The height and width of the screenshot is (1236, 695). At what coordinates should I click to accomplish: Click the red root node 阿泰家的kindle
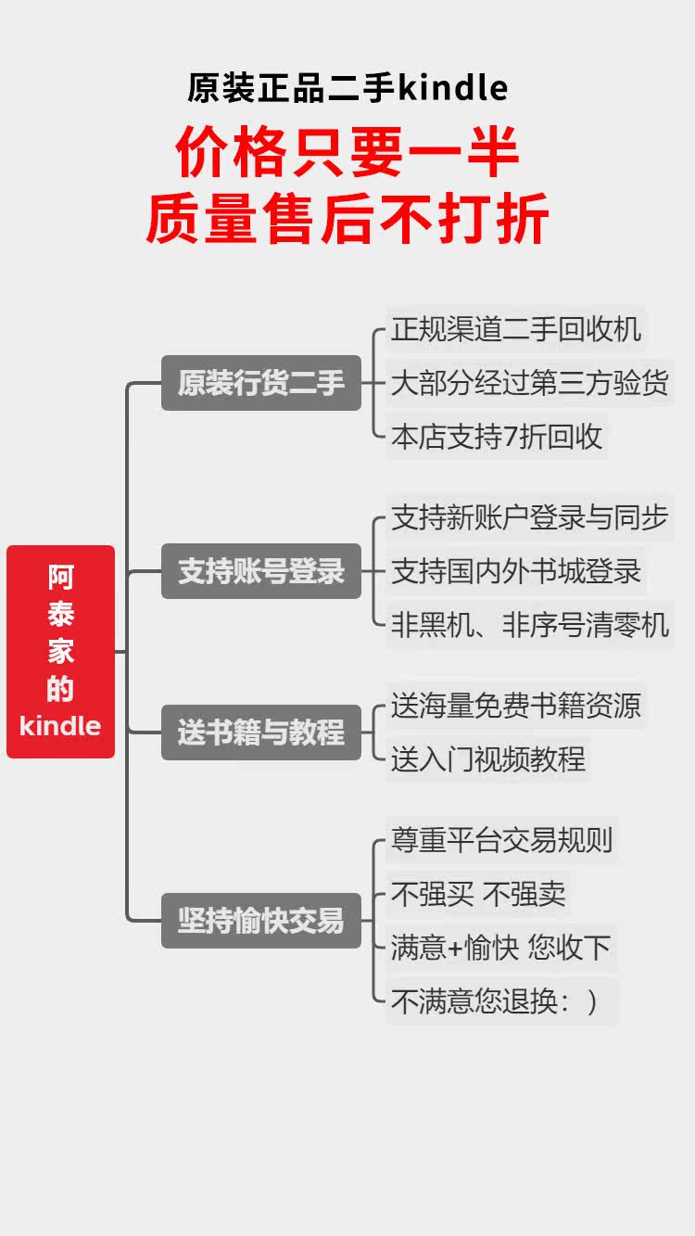(x=60, y=652)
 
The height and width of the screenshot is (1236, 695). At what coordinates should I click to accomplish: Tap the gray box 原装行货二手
(x=260, y=383)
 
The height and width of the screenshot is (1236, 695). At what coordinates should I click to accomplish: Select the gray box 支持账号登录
(x=260, y=571)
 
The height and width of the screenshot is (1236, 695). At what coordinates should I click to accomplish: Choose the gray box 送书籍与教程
(x=260, y=733)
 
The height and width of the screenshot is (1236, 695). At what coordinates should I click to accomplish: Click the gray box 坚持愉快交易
(x=260, y=921)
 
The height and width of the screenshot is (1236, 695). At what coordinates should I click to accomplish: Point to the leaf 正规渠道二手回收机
(x=515, y=329)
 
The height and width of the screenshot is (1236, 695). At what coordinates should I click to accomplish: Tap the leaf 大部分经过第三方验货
(x=529, y=383)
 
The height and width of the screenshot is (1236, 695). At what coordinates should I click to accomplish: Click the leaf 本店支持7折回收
(x=497, y=437)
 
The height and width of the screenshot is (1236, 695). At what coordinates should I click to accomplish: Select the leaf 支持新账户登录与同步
(x=529, y=517)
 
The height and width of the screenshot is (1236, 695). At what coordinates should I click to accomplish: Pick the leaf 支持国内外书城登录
(x=515, y=571)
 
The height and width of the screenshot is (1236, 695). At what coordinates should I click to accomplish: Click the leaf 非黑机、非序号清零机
(x=529, y=625)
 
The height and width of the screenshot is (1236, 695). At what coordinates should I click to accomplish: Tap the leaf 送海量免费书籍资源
(x=515, y=706)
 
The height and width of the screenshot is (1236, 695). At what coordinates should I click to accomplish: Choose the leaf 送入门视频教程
(x=487, y=759)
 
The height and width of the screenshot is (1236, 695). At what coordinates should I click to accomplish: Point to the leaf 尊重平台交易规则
(x=501, y=840)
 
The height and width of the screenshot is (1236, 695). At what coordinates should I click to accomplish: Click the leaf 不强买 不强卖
(x=478, y=894)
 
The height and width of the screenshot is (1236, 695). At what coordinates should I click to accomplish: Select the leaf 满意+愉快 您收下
(x=501, y=948)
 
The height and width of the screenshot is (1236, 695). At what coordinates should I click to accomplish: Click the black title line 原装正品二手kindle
(x=347, y=88)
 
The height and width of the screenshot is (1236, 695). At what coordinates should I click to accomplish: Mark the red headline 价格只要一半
(x=347, y=154)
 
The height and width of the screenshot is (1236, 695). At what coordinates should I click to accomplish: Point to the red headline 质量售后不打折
(x=347, y=219)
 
